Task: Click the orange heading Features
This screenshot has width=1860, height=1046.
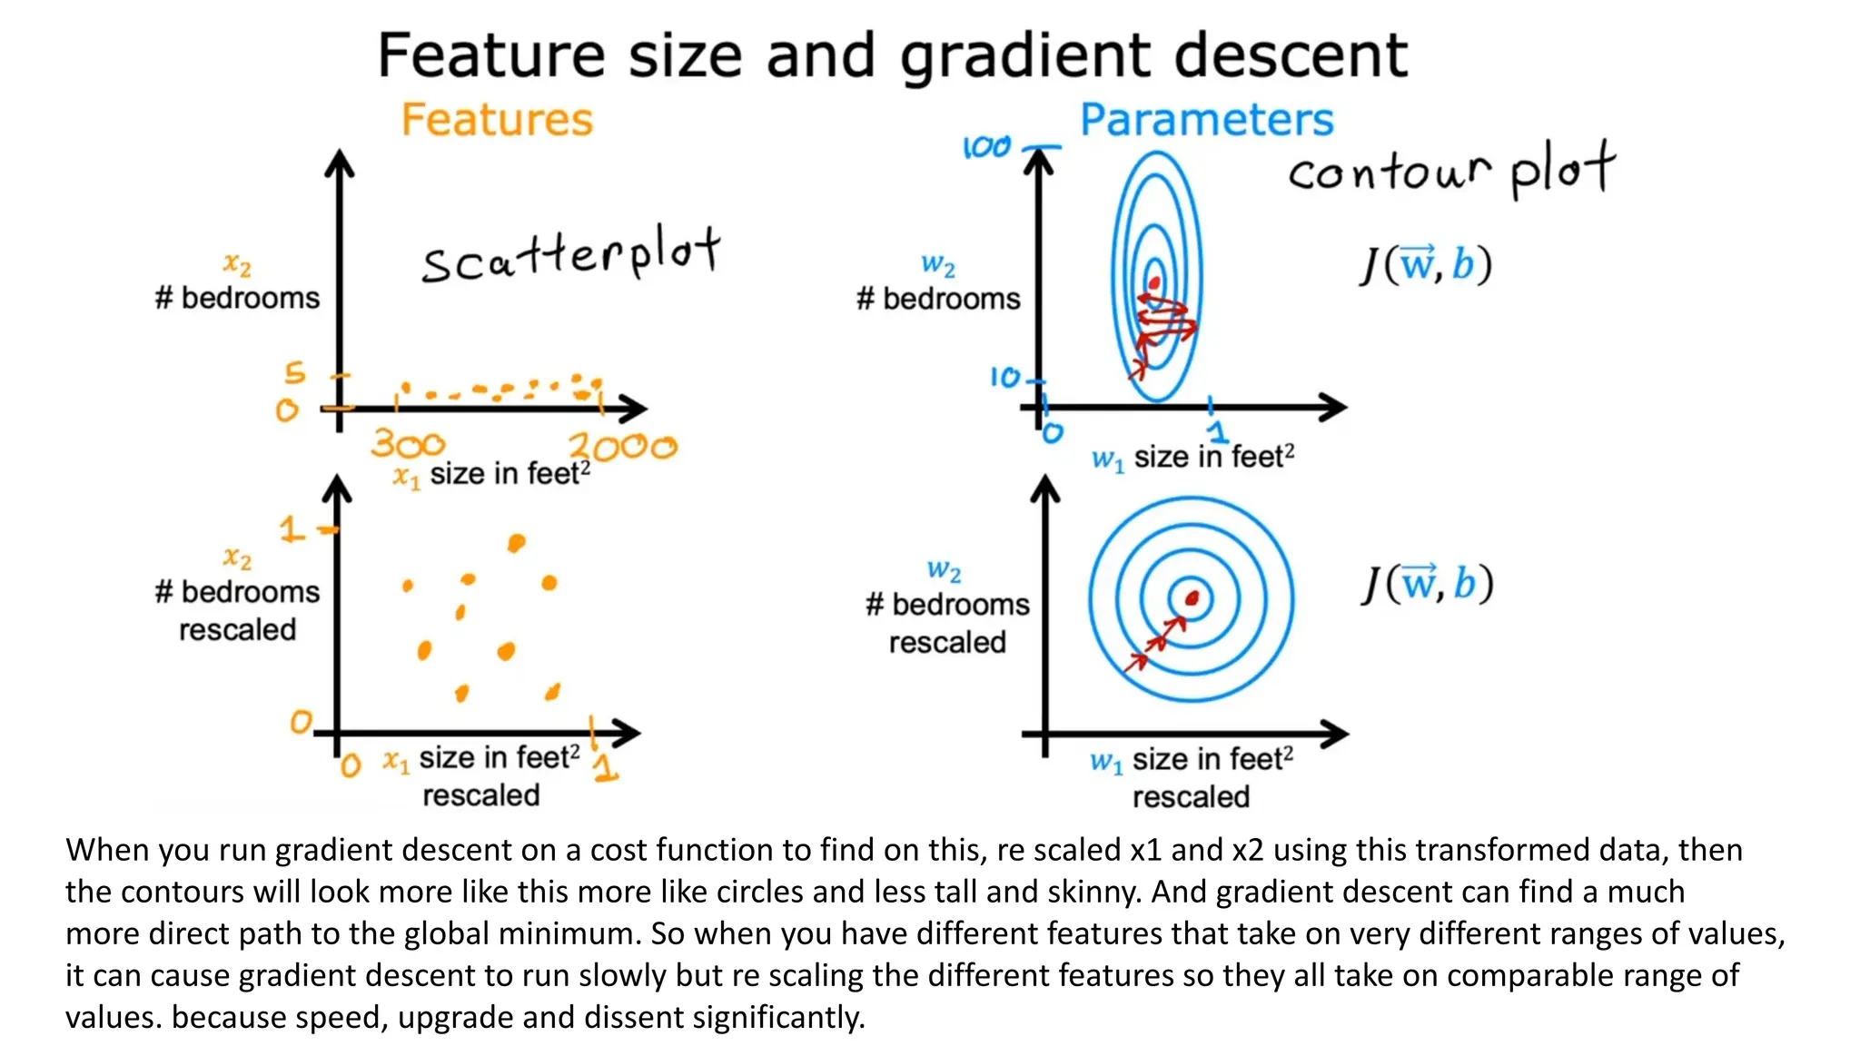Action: coord(497,120)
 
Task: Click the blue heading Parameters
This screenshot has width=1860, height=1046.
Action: coord(1206,120)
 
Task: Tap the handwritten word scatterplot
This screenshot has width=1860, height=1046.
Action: coord(571,255)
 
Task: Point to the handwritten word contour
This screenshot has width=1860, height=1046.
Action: coord(1390,172)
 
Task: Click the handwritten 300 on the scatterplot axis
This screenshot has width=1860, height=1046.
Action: coord(408,444)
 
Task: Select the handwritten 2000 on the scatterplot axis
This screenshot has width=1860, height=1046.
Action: coord(623,447)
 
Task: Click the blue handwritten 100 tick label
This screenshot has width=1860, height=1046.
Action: coord(986,147)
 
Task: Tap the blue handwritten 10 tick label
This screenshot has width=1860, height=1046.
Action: coord(1005,377)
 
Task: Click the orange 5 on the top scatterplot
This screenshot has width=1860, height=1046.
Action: coord(295,372)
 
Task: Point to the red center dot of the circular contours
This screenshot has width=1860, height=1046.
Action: coord(1192,597)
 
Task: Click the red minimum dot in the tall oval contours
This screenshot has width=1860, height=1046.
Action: coord(1154,282)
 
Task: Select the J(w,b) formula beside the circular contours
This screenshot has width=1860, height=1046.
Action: coord(1427,584)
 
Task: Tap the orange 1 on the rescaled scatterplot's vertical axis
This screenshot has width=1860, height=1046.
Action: coord(291,528)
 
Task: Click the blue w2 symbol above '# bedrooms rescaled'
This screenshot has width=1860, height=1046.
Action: coord(944,570)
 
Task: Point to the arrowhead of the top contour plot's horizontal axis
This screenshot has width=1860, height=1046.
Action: coord(1335,407)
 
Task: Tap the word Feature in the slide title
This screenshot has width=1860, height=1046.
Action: coord(491,55)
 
